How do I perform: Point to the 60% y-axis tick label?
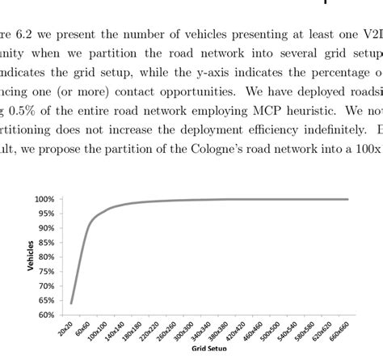[44, 315]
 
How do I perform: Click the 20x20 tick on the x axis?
[65, 329]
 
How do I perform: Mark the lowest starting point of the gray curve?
[71, 303]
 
